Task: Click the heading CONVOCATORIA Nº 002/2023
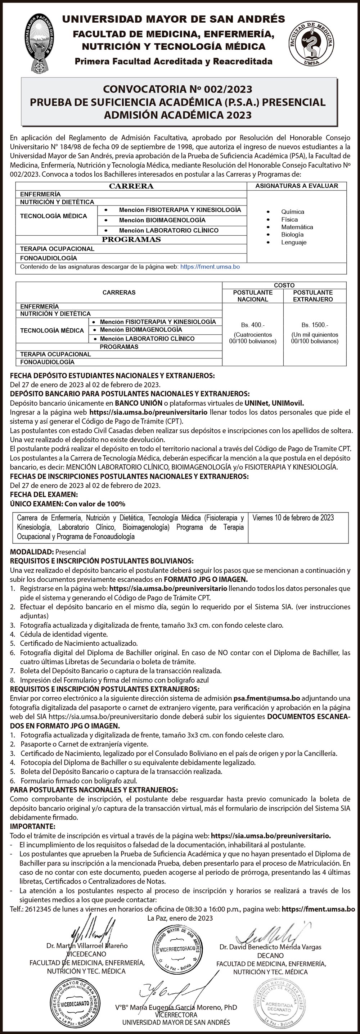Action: [177, 89]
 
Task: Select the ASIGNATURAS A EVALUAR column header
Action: [297, 186]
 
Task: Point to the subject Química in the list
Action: [292, 212]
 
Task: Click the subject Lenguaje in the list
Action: [293, 242]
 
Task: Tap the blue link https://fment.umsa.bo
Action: [210, 267]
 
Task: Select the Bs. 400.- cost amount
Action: [253, 325]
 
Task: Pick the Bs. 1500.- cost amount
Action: [315, 325]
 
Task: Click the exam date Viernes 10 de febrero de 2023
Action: [293, 518]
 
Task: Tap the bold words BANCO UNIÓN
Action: [139, 403]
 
